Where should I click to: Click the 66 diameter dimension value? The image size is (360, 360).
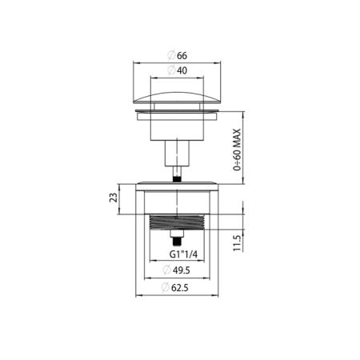(182, 56)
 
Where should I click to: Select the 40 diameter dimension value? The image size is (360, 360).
(182, 70)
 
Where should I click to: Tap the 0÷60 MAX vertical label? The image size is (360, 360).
(237, 150)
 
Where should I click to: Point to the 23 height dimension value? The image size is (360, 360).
(114, 198)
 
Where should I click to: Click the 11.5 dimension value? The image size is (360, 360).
(237, 243)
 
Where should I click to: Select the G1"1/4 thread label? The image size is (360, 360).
(183, 254)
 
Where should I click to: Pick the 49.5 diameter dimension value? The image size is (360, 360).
(182, 270)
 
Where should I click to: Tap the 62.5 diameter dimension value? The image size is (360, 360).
(180, 288)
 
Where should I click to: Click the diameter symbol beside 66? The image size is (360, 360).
(171, 56)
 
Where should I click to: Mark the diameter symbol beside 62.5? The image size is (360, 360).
(166, 288)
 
